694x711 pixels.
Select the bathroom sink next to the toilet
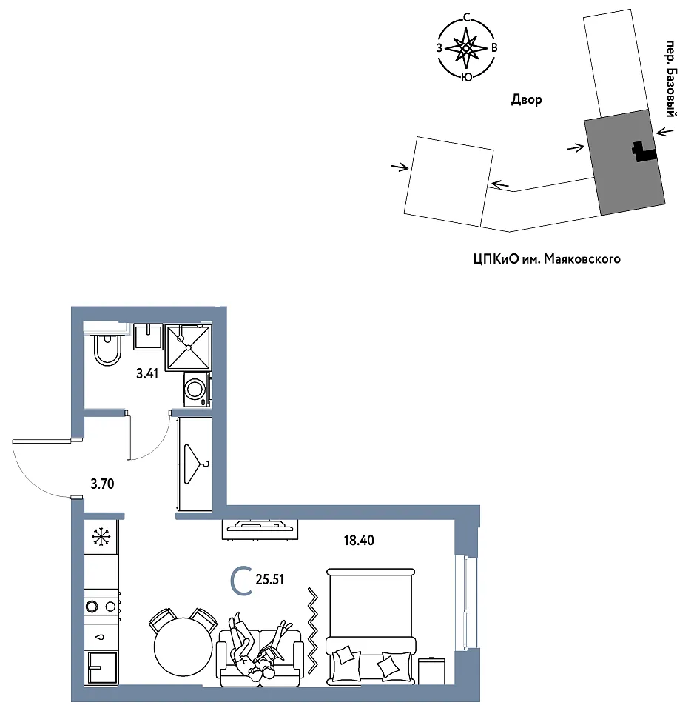click(148, 337)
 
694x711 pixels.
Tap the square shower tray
click(188, 347)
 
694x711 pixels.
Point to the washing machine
click(197, 390)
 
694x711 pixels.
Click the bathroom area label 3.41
click(147, 373)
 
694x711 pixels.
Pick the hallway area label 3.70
click(102, 484)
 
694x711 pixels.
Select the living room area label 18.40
click(359, 541)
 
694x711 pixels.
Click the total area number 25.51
click(269, 579)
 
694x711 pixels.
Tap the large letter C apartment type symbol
click(241, 581)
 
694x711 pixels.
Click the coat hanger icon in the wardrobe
click(196, 464)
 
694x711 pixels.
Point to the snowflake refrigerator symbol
click(101, 537)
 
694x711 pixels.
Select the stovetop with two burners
click(102, 606)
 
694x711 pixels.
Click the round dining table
click(183, 647)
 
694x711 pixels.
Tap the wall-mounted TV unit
click(260, 530)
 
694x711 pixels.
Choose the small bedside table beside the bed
click(431, 671)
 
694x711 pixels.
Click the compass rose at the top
click(466, 47)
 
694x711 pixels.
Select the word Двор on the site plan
click(526, 99)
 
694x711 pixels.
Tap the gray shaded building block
click(624, 162)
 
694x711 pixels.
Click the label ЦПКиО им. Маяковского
click(546, 259)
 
